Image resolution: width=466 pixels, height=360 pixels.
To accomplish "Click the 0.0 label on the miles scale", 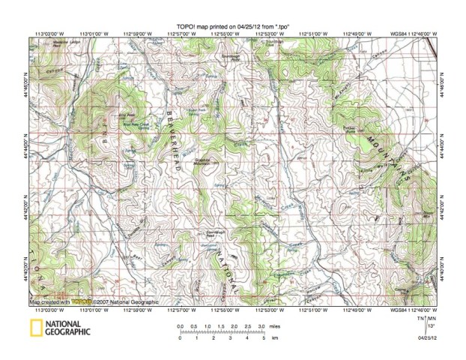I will [x=180, y=326].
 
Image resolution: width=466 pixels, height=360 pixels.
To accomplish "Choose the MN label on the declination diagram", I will [x=433, y=319].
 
